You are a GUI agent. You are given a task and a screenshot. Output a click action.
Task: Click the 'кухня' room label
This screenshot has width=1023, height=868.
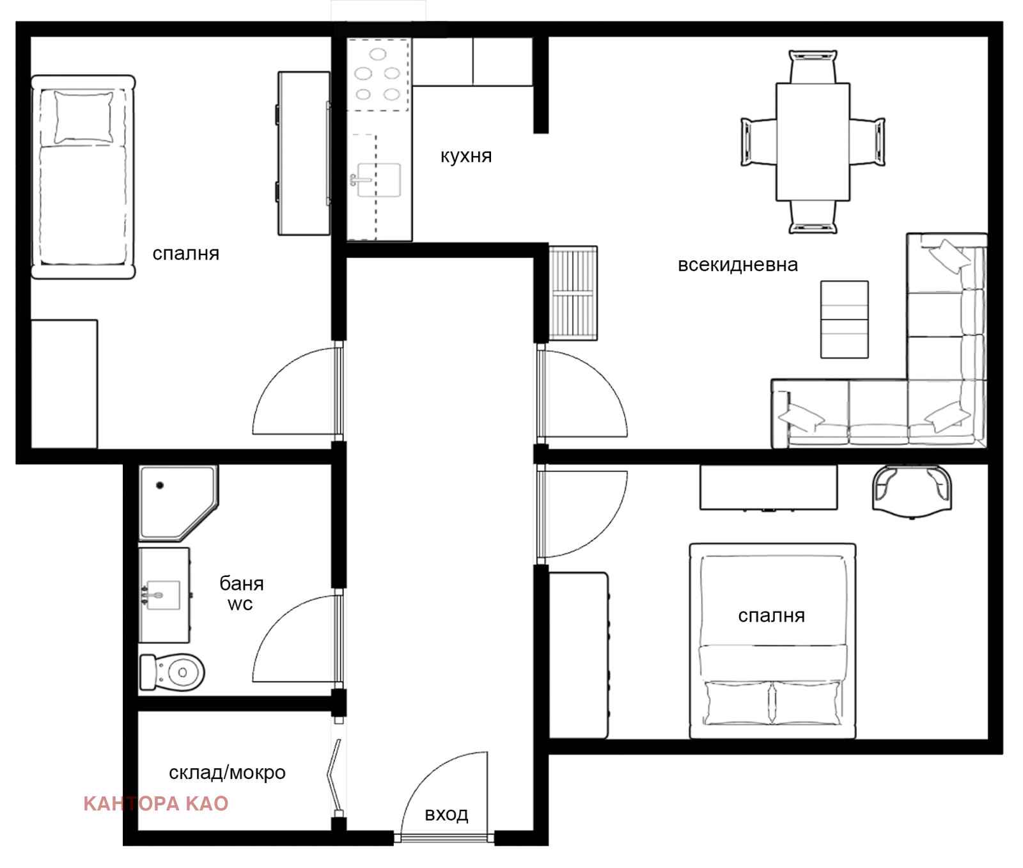(466, 156)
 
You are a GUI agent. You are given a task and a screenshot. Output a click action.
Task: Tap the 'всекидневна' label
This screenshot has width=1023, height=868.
(737, 265)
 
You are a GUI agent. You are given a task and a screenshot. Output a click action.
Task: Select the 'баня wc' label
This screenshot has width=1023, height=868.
(241, 593)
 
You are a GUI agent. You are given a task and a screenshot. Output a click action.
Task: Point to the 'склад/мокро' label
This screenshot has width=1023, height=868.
(227, 773)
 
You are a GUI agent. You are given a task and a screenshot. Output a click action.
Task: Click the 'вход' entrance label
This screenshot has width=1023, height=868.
(446, 814)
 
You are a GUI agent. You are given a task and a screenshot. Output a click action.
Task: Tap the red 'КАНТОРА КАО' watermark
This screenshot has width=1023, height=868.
(156, 803)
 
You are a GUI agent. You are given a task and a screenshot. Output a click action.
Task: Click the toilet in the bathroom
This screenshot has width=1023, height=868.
(172, 672)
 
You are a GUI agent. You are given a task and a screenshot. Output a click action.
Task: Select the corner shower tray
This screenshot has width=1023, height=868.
(178, 503)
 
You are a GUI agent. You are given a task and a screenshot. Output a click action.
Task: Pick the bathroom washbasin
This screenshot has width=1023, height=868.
(164, 595)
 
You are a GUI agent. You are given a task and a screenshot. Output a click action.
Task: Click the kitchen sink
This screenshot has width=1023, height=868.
(378, 180)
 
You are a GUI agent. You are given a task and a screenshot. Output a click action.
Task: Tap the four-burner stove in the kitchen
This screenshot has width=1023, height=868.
(378, 74)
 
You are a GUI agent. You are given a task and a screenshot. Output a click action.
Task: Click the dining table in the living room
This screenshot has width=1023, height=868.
(813, 141)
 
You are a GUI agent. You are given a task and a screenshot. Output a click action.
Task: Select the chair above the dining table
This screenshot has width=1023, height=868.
(813, 66)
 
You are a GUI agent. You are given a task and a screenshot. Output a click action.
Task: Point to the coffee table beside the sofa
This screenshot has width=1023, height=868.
(845, 319)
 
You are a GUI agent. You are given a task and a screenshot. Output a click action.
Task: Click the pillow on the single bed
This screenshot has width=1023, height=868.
(84, 117)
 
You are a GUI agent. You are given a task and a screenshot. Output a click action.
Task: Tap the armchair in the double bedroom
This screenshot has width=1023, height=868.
(912, 491)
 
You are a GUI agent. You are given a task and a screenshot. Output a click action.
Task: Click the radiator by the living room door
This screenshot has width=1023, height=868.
(573, 293)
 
